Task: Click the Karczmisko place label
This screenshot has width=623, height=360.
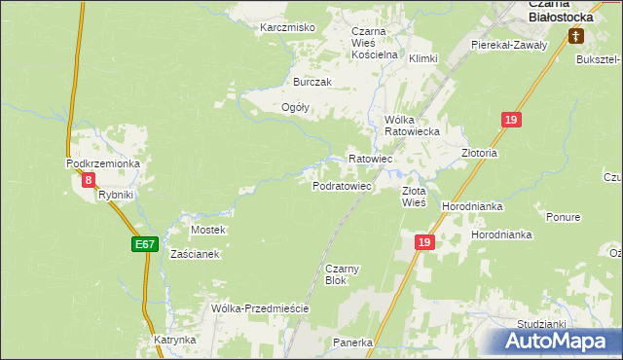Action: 287,27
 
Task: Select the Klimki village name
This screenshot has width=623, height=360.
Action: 424,58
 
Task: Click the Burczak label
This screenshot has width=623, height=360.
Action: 300,83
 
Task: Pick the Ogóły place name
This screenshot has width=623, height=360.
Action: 295,108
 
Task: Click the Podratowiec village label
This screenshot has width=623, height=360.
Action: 342,185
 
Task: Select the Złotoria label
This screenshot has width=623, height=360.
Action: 479,153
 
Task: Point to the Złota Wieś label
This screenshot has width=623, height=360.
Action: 415,198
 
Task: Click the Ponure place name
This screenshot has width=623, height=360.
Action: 564,217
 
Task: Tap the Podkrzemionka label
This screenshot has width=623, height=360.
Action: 103,163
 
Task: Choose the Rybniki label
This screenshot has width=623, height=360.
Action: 115,195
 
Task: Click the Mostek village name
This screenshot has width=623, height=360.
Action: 208,230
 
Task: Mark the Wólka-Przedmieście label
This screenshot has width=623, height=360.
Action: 260,308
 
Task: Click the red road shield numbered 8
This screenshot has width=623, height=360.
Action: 89,180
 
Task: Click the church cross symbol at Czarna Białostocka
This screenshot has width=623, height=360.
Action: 575,37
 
